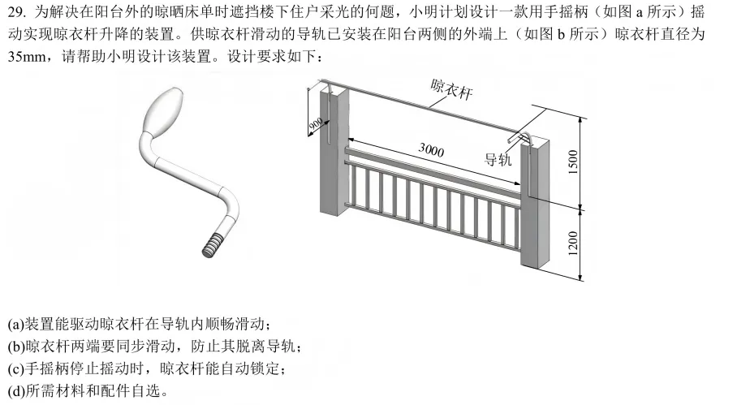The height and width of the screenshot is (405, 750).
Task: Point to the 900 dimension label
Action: pos(315,123)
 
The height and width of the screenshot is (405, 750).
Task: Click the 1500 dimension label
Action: pos(573,162)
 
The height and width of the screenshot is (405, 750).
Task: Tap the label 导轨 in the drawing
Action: pos(498,159)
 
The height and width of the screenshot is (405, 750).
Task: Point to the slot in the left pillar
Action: pos(330,122)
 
